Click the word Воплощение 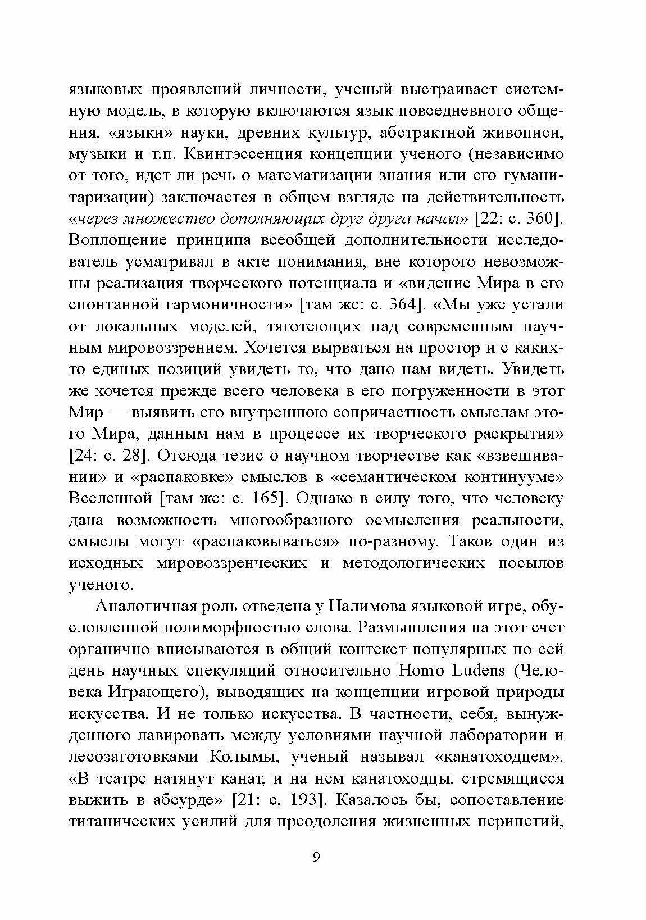tap(116, 240)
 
